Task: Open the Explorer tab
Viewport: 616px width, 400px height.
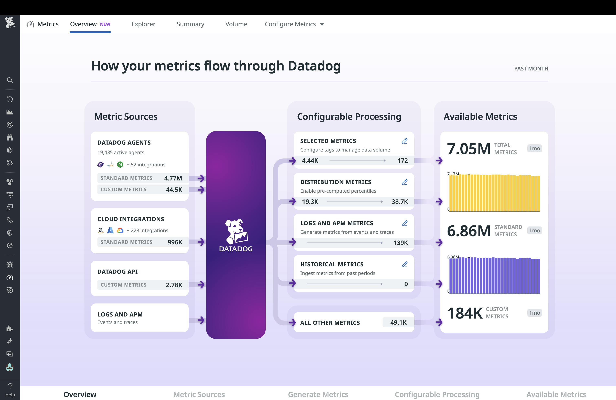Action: coord(143,24)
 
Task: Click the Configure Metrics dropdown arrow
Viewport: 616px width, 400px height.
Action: coord(322,24)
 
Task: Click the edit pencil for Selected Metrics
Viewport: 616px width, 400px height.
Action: coord(405,141)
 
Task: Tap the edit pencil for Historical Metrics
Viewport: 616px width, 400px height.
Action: coord(405,264)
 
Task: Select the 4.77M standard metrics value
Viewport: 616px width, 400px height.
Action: coord(173,178)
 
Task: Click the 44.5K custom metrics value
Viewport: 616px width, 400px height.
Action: coord(174,190)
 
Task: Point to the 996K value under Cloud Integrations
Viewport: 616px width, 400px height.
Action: coord(175,242)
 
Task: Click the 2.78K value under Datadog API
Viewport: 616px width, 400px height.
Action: coord(174,285)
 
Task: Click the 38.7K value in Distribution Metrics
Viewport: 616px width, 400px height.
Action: coord(399,202)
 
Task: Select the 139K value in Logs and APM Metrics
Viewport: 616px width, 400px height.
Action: coord(400,243)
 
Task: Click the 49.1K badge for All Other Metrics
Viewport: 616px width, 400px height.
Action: coord(398,322)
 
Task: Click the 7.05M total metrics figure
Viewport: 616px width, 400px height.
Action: coord(469,149)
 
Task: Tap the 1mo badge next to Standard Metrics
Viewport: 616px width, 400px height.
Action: coord(534,231)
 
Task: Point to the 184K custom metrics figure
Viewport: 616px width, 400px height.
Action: coord(465,313)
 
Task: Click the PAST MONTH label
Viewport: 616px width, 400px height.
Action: coord(531,69)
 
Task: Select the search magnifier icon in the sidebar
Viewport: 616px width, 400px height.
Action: coord(10,80)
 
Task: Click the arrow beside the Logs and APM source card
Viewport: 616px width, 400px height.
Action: coord(201,320)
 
